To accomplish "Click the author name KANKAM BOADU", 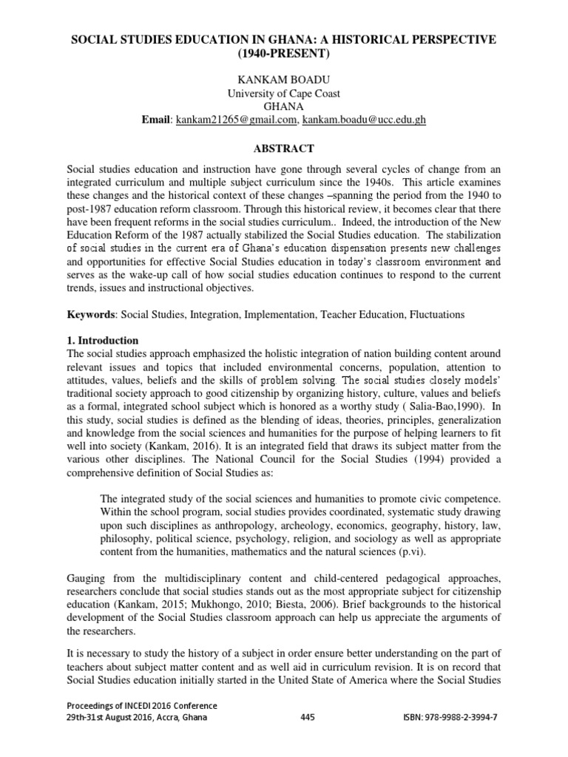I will pyautogui.click(x=284, y=79).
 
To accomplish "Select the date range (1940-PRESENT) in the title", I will pyautogui.click(x=284, y=53).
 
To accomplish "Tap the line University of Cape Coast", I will pyautogui.click(x=284, y=93).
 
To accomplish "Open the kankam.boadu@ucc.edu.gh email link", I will pyautogui.click(x=365, y=120).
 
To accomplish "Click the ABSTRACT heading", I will pyautogui.click(x=284, y=148).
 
